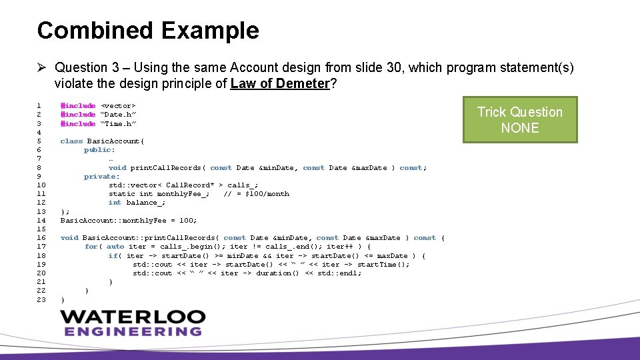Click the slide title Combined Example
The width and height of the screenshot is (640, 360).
click(148, 31)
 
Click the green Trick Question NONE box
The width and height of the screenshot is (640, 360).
click(519, 120)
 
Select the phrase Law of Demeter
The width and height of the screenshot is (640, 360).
click(280, 83)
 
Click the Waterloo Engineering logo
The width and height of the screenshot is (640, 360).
click(131, 323)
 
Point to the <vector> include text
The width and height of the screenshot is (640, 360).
click(118, 106)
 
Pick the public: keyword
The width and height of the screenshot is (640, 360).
click(99, 150)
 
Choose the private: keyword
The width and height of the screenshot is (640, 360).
click(101, 177)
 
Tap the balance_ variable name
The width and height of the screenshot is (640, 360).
click(145, 203)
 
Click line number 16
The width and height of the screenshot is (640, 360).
click(41, 238)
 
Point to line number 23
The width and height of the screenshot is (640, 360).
click(41, 299)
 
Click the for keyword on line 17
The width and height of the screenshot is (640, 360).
click(91, 247)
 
